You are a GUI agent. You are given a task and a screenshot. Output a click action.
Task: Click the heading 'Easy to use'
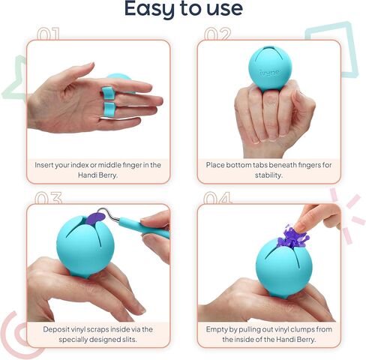(183, 10)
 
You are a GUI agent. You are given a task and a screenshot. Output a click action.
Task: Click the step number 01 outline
(47, 34)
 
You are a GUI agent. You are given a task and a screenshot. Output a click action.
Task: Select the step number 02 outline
(217, 34)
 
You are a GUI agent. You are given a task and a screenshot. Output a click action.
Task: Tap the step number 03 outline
(47, 199)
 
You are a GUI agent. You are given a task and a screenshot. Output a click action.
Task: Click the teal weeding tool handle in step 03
(142, 226)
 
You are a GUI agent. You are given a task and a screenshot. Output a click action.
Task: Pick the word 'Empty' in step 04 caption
(220, 328)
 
